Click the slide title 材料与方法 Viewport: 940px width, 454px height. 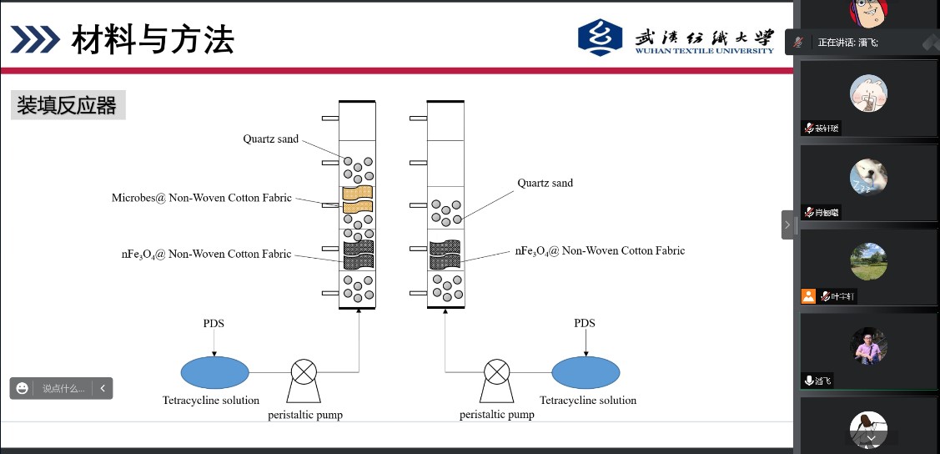153,39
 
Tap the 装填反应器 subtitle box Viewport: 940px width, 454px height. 68,106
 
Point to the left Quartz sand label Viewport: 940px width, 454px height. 270,139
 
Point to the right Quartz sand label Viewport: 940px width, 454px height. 545,183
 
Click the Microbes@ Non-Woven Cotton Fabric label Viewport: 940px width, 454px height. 202,198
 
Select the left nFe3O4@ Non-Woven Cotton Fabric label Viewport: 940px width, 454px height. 206,254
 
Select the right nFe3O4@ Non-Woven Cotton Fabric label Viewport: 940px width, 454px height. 599,250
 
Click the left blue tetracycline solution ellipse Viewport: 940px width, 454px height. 215,372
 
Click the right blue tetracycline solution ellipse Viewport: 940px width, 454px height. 586,372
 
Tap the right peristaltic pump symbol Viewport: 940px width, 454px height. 498,375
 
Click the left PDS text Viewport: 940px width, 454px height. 214,323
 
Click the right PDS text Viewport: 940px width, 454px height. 585,323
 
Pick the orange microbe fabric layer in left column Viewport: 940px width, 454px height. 358,199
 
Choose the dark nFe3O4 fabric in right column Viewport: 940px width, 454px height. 445,255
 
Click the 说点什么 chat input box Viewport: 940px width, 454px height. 63,388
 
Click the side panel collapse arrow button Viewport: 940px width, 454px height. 787,224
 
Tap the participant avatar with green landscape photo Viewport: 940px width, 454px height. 868,260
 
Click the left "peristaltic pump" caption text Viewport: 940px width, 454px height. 305,415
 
